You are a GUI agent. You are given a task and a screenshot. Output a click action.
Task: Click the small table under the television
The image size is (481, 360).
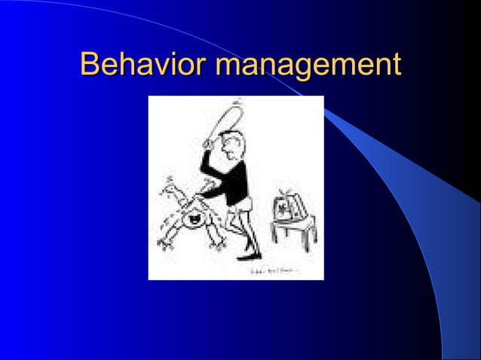coord(290,233)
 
